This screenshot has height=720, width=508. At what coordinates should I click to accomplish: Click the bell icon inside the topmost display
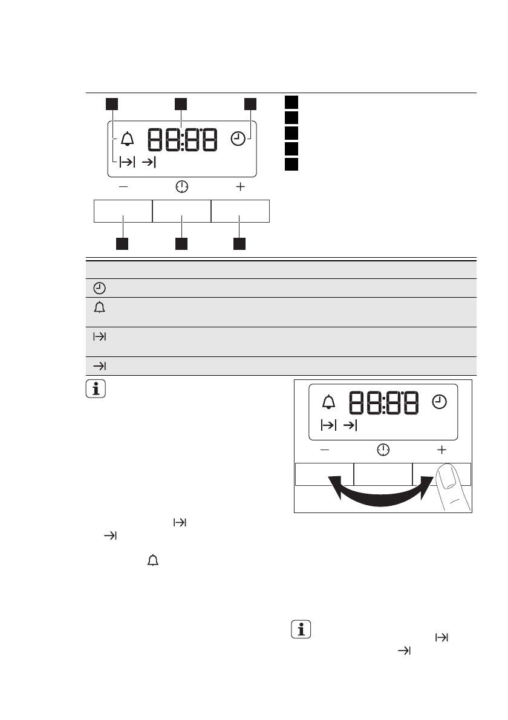point(127,139)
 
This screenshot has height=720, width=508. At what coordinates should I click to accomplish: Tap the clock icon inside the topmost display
point(238,139)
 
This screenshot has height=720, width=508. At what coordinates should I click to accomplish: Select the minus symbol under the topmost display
point(123,186)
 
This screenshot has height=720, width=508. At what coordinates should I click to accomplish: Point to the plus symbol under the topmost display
point(241,186)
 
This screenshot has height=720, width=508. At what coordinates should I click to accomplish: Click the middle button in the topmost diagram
point(181,211)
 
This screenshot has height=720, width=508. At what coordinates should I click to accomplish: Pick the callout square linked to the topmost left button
point(122,243)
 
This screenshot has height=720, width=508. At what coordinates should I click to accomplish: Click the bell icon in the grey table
point(100,307)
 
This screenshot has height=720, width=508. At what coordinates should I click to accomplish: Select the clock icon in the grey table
point(99,288)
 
